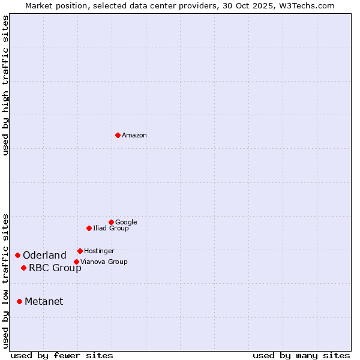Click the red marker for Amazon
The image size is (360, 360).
tap(118, 135)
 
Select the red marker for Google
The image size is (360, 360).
tap(111, 222)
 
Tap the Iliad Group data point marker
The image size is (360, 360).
tap(89, 228)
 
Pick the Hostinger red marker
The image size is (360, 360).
tap(80, 251)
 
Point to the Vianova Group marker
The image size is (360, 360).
tap(76, 262)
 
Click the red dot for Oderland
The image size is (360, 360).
tap(17, 255)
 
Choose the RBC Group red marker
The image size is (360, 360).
tap(23, 268)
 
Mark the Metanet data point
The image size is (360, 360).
tap(19, 301)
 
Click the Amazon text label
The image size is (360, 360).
tap(134, 136)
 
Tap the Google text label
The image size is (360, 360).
tap(126, 223)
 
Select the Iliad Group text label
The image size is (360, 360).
tap(111, 229)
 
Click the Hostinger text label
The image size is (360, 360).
tap(99, 251)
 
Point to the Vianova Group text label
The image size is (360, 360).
tap(104, 262)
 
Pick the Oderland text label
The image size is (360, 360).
tap(44, 256)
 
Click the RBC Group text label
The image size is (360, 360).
tap(55, 268)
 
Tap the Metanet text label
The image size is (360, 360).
tap(44, 302)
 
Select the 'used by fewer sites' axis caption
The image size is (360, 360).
tap(62, 355)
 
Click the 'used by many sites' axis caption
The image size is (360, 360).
tap(301, 355)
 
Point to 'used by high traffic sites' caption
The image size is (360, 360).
tap(6, 85)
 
